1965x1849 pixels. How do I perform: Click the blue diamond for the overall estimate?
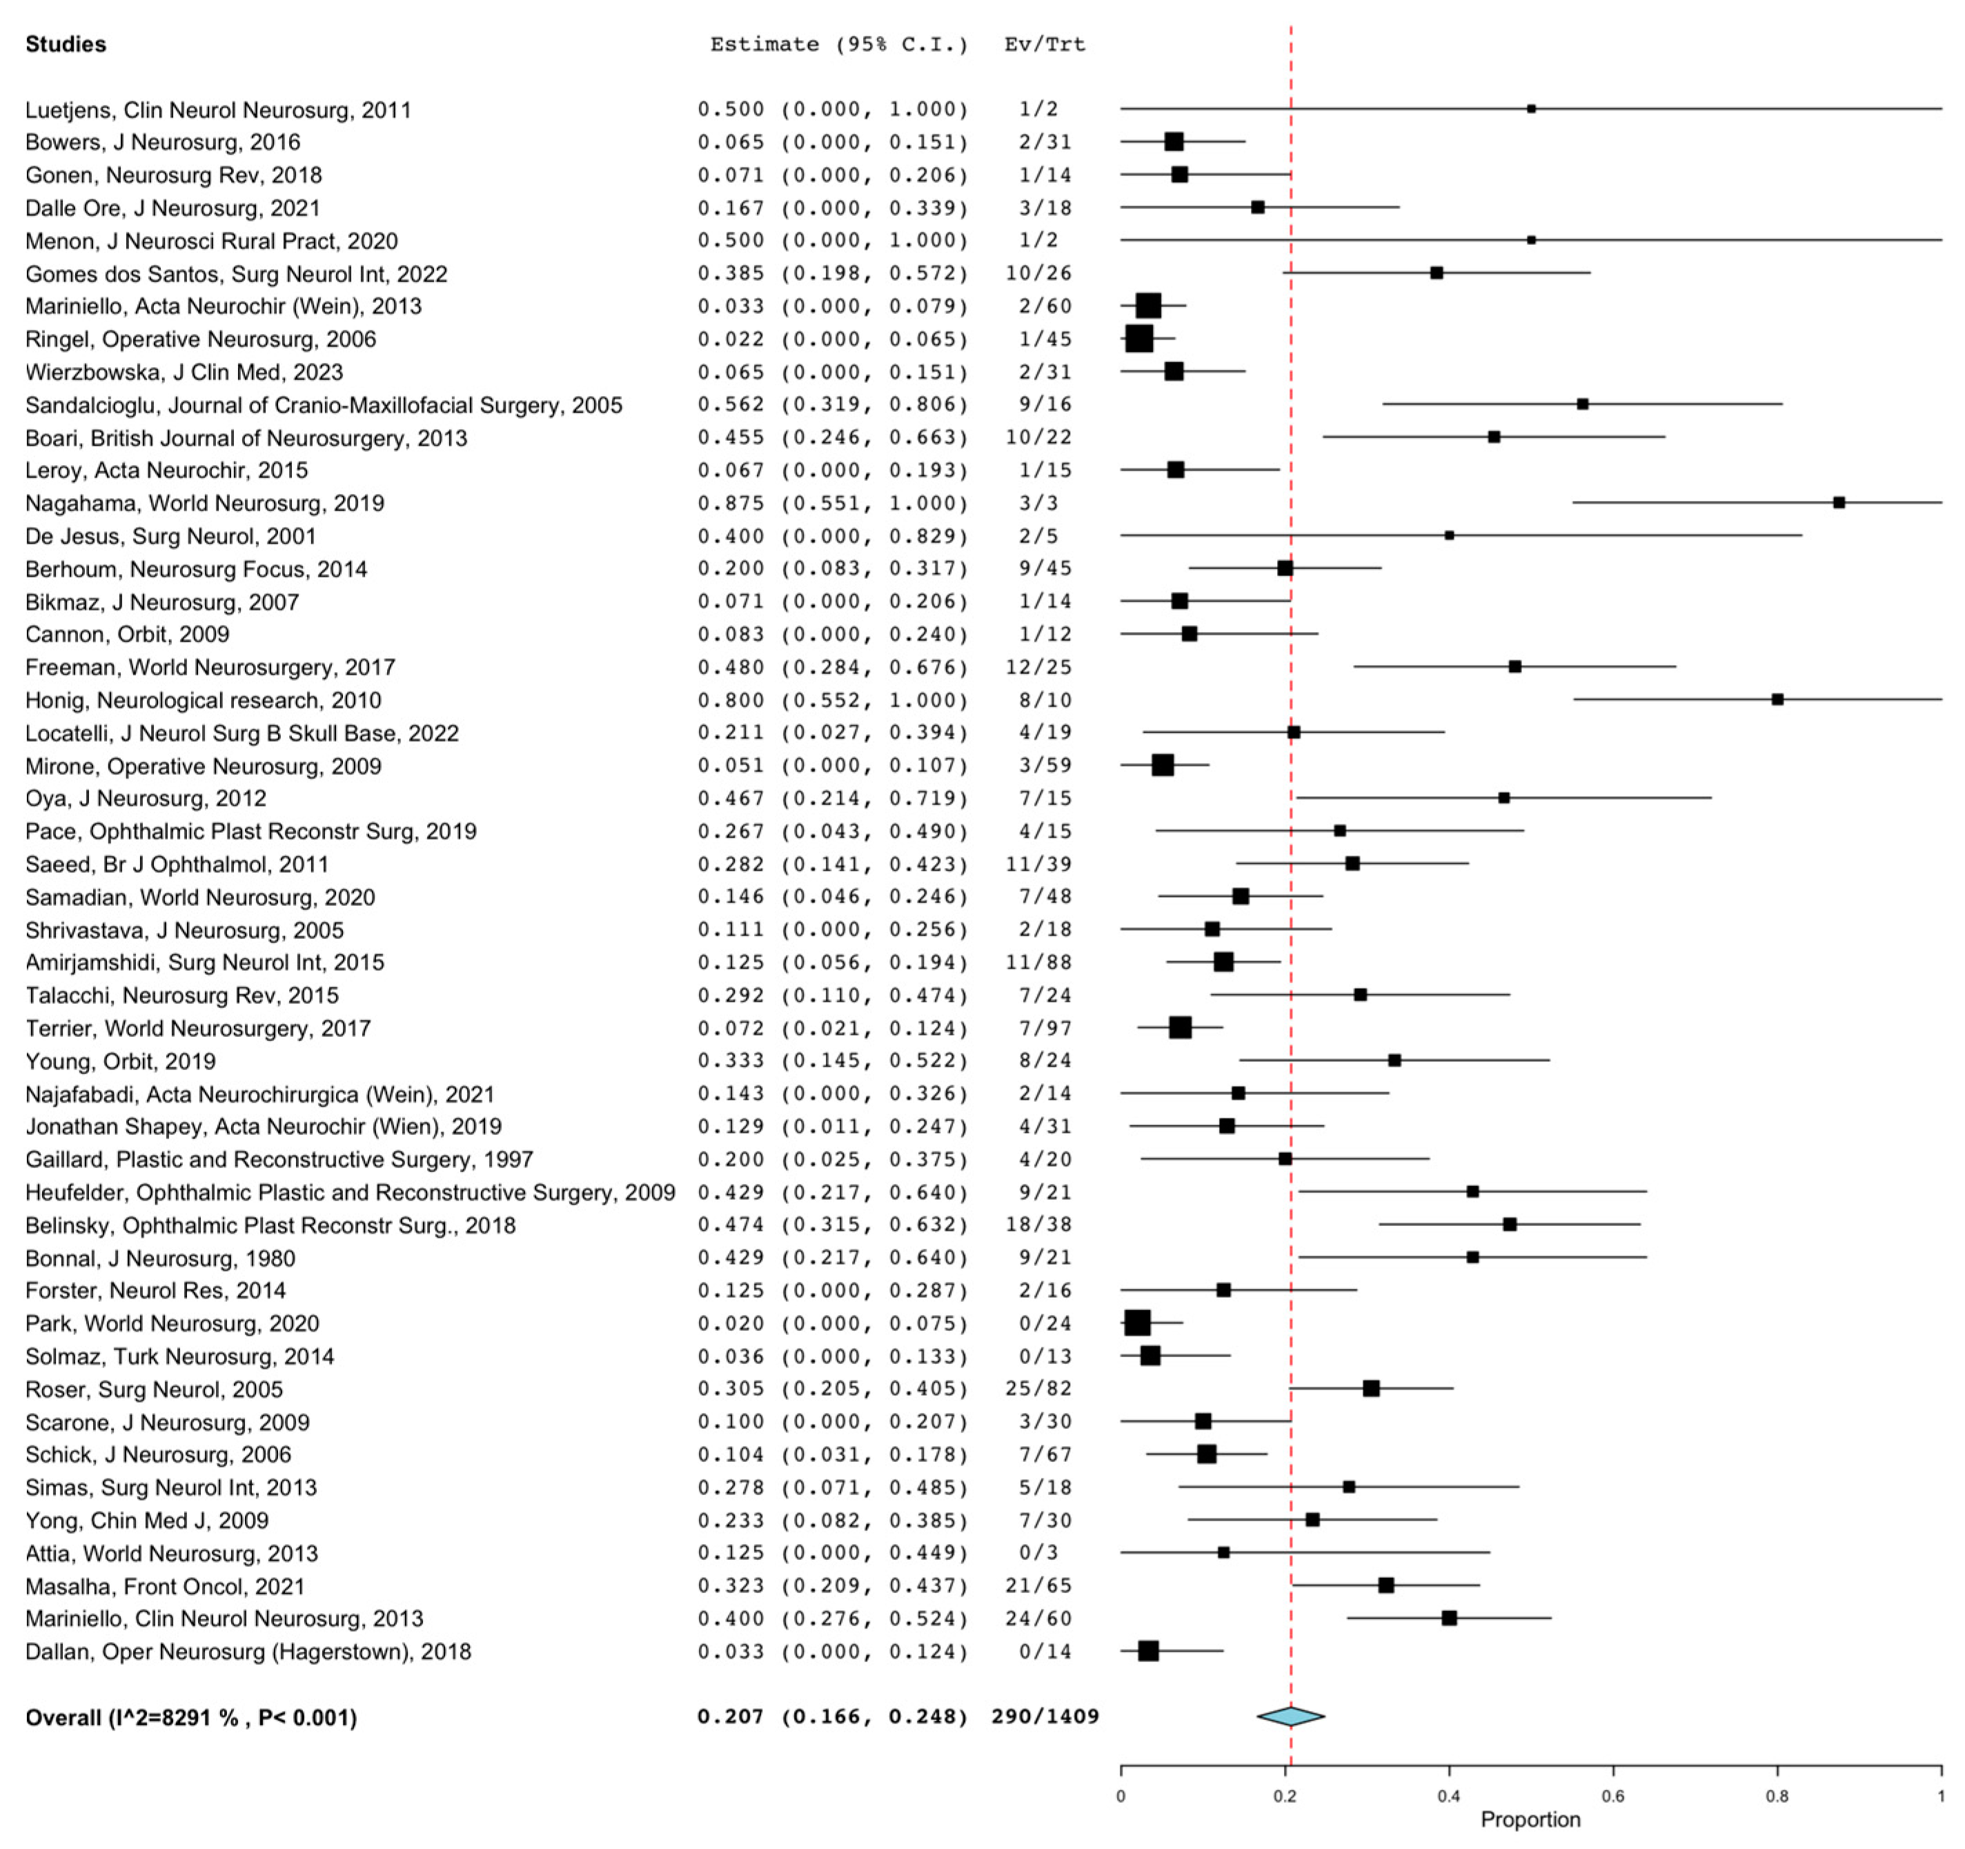pyautogui.click(x=1290, y=1717)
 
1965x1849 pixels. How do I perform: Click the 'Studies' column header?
pyautogui.click(x=66, y=44)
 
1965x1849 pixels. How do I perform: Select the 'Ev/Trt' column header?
pyautogui.click(x=1044, y=44)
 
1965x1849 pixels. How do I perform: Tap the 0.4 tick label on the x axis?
pyautogui.click(x=1449, y=1796)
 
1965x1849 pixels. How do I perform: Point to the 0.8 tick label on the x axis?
pyautogui.click(x=1777, y=1796)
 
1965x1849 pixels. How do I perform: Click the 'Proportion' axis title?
pyautogui.click(x=1530, y=1819)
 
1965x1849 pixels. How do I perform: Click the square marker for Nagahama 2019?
pyautogui.click(x=1839, y=502)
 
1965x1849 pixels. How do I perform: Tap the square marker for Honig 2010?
pyautogui.click(x=1777, y=700)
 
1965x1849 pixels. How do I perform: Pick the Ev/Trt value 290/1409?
pyautogui.click(x=1045, y=1717)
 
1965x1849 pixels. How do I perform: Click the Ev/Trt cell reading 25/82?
pyautogui.click(x=1038, y=1389)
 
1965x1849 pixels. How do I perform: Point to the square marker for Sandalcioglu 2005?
pyautogui.click(x=1583, y=404)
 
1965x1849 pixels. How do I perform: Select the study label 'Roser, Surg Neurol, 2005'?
pyautogui.click(x=154, y=1390)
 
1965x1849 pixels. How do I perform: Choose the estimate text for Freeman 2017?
pyautogui.click(x=832, y=667)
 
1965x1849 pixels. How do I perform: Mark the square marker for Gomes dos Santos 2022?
pyautogui.click(x=1436, y=273)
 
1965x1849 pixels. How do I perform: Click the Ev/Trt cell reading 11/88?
pyautogui.click(x=1038, y=962)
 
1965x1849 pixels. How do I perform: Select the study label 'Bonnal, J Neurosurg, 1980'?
pyautogui.click(x=160, y=1258)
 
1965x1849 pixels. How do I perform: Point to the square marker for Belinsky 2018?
pyautogui.click(x=1510, y=1225)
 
